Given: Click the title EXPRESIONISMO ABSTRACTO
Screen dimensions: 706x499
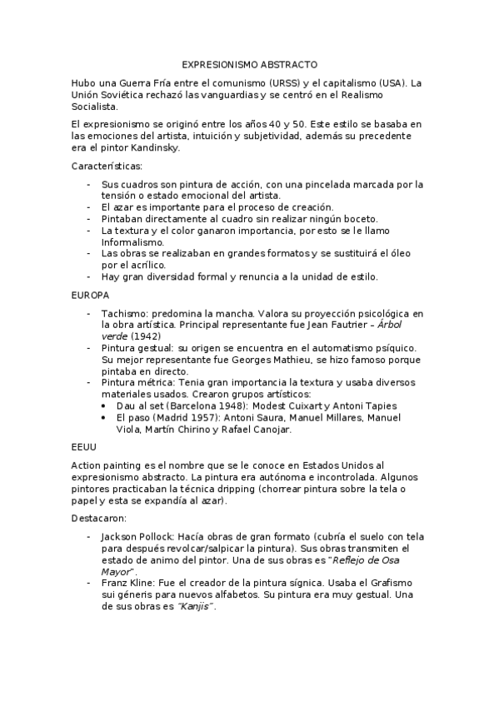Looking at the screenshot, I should [249, 64].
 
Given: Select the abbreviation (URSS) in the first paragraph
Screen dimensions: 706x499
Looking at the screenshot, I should [283, 82].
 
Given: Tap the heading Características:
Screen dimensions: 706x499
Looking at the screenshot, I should [107, 167].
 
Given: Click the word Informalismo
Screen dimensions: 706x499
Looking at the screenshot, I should [132, 241].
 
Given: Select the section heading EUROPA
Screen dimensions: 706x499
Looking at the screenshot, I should [91, 295].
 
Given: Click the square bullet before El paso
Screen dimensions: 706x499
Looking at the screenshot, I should [103, 417].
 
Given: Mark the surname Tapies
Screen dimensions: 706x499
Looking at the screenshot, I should [377, 405].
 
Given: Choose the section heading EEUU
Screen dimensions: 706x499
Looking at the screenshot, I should [85, 447].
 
